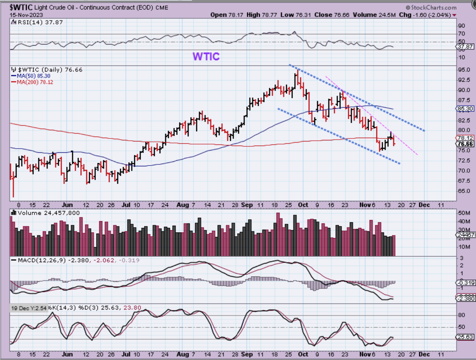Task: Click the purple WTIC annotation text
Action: (x=206, y=56)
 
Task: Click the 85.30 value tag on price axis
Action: (x=465, y=109)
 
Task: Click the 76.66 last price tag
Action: (x=465, y=144)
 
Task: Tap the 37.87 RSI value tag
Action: (x=465, y=47)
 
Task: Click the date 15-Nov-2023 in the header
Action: (x=26, y=15)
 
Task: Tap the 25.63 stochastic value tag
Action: (x=465, y=337)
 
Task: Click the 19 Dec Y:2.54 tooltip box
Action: (x=29, y=308)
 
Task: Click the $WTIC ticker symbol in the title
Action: (x=21, y=8)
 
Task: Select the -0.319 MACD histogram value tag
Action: (x=465, y=283)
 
